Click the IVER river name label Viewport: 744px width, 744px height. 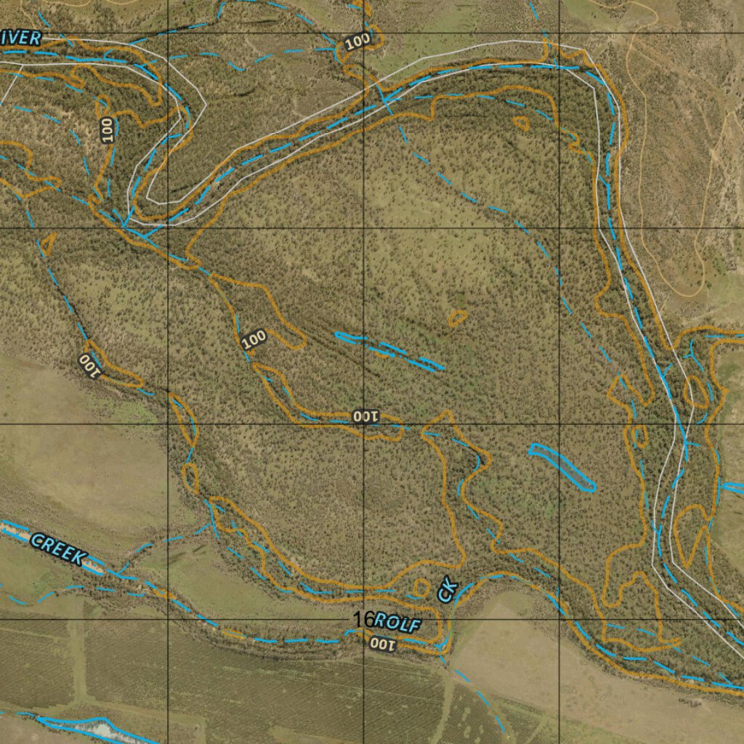(x=21, y=39)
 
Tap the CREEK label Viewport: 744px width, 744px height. (x=59, y=549)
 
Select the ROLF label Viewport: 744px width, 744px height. (x=398, y=622)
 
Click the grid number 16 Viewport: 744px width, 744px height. (x=363, y=620)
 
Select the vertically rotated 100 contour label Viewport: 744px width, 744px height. (x=108, y=130)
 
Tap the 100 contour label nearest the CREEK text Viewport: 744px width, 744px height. (x=88, y=365)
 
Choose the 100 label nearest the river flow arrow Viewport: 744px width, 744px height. (x=357, y=42)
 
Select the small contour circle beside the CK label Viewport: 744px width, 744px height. (x=421, y=586)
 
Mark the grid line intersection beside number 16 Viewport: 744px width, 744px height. (x=364, y=620)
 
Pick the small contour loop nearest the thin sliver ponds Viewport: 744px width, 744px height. (x=458, y=318)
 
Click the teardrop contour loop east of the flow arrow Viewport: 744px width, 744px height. (x=521, y=124)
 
